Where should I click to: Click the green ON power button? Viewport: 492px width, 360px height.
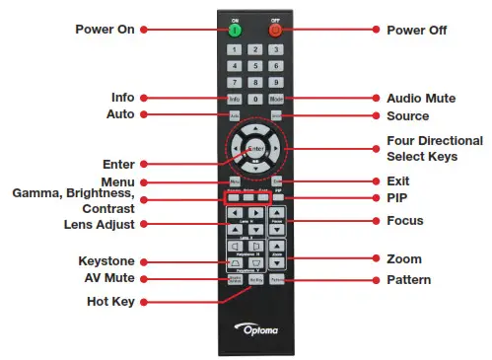pyautogui.click(x=235, y=29)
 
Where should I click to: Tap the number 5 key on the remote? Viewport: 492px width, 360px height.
pyautogui.click(x=255, y=66)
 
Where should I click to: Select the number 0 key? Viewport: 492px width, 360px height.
pyautogui.click(x=255, y=99)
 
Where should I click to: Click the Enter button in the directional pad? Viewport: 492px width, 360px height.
pyautogui.click(x=255, y=149)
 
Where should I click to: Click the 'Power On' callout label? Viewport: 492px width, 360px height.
pyautogui.click(x=104, y=29)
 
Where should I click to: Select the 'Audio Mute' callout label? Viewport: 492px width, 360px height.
pyautogui.click(x=416, y=99)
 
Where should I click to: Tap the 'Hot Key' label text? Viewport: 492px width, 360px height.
pyautogui.click(x=106, y=301)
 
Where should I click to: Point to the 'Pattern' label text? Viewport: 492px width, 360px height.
pyautogui.click(x=409, y=281)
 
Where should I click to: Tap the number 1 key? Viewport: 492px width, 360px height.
pyautogui.click(x=235, y=49)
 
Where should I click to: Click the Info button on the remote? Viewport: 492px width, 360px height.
pyautogui.click(x=235, y=99)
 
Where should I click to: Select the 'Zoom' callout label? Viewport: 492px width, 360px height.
pyautogui.click(x=404, y=259)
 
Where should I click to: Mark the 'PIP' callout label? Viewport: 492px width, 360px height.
pyautogui.click(x=397, y=199)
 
